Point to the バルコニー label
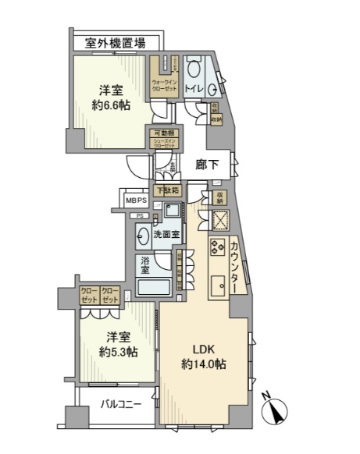click(120, 405)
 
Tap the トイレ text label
click(194, 90)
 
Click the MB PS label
click(137, 200)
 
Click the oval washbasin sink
click(144, 234)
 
